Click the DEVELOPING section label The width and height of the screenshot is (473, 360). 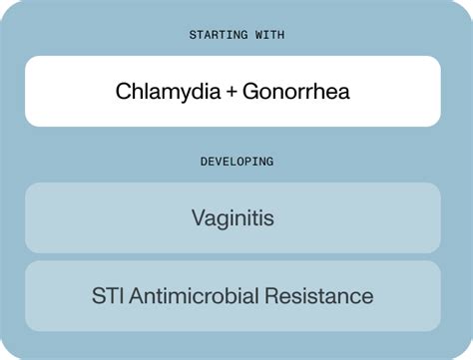click(x=236, y=161)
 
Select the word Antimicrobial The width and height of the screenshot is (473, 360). click(x=199, y=296)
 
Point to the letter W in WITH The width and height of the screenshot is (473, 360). click(x=252, y=35)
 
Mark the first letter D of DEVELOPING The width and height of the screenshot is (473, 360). click(x=203, y=161)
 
